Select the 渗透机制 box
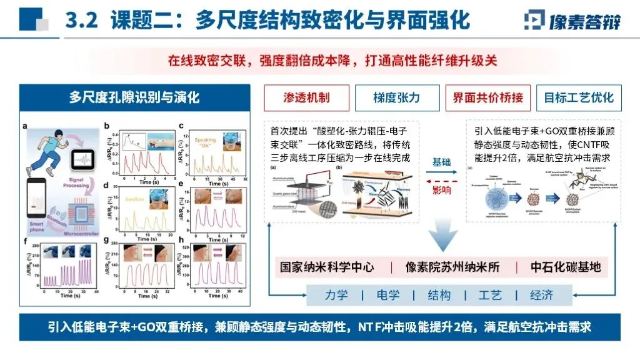[x=306, y=98]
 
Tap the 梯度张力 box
[x=397, y=98]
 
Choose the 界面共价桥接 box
[x=488, y=98]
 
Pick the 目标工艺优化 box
[x=579, y=98]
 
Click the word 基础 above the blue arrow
[x=441, y=162]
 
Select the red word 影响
[x=441, y=189]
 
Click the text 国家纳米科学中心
[x=326, y=267]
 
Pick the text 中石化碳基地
[x=566, y=267]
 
